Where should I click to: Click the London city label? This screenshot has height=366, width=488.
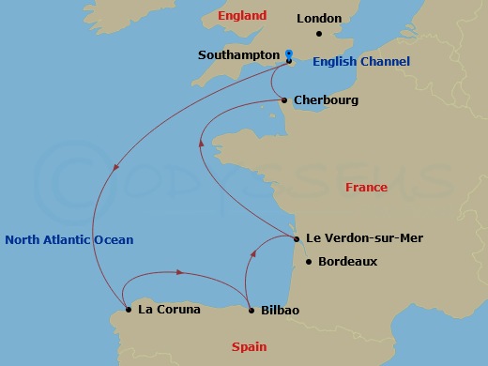click(319, 18)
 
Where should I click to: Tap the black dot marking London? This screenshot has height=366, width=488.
click(319, 35)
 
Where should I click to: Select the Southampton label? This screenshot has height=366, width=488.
click(238, 55)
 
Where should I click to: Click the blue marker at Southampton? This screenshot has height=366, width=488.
click(289, 54)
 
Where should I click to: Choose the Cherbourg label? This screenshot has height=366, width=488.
click(326, 99)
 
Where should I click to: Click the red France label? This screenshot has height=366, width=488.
click(366, 188)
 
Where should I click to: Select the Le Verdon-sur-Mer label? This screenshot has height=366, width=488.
click(364, 238)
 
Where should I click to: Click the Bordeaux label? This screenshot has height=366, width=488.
click(347, 262)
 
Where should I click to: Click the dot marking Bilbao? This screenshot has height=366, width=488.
click(252, 309)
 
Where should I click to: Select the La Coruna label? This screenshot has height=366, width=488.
click(169, 309)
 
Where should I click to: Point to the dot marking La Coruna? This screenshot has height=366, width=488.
click(129, 309)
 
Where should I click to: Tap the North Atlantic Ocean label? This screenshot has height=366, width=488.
click(69, 240)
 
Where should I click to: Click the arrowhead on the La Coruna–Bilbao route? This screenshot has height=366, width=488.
click(178, 273)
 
